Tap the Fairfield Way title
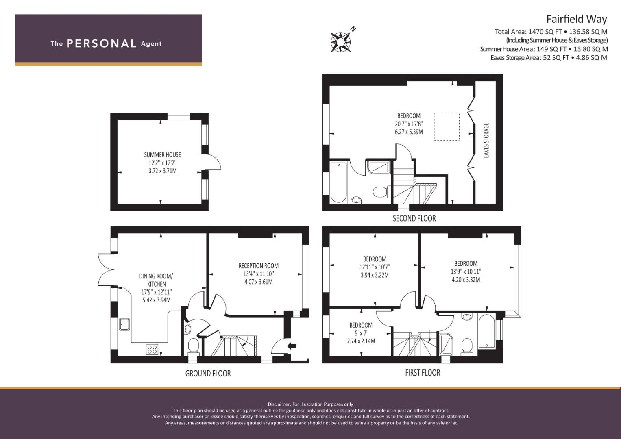[x=577, y=19]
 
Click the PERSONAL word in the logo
[x=102, y=43]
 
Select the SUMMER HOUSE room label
[x=162, y=154]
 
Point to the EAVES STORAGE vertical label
[x=486, y=140]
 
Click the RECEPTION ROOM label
[x=259, y=266]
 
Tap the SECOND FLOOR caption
[x=414, y=218]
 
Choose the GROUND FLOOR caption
[x=208, y=373]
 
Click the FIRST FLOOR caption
[x=423, y=373]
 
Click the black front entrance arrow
[x=292, y=346]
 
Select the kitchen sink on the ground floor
[x=124, y=324]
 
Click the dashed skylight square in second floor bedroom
[x=447, y=126]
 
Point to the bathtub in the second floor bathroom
[x=338, y=183]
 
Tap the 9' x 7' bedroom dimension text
[x=361, y=333]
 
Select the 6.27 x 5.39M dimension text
[x=409, y=132]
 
